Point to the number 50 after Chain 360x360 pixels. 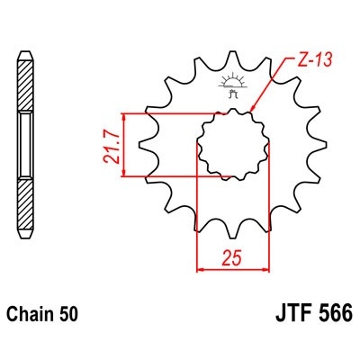pos(69,316)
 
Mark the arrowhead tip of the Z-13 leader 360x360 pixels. pos(253,112)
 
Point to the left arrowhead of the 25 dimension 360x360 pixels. pos(199,267)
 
